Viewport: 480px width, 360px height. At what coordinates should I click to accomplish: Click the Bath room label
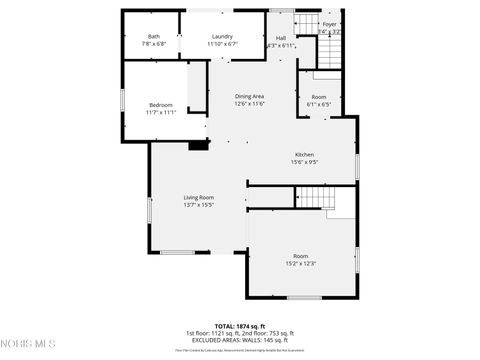pyautogui.click(x=153, y=36)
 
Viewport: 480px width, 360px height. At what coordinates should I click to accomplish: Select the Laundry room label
pyautogui.click(x=222, y=36)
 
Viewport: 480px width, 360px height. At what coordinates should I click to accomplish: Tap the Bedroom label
pyautogui.click(x=161, y=105)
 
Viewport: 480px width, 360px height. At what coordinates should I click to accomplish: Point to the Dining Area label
pyautogui.click(x=249, y=96)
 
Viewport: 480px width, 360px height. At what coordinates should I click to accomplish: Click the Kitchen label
pyautogui.click(x=304, y=154)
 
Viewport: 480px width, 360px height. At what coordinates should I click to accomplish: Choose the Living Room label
pyautogui.click(x=198, y=197)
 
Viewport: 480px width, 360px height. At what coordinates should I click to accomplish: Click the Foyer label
pyautogui.click(x=329, y=23)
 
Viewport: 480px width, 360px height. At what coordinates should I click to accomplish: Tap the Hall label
pyautogui.click(x=281, y=38)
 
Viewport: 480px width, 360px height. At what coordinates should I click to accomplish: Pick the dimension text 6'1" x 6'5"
pyautogui.click(x=318, y=103)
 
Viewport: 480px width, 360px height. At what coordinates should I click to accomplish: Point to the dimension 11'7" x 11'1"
pyautogui.click(x=161, y=112)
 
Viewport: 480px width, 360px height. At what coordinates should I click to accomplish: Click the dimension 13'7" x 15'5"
pyautogui.click(x=198, y=205)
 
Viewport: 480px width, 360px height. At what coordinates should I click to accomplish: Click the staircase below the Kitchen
pyautogui.click(x=314, y=200)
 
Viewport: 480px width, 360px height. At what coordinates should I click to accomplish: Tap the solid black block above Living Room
pyautogui.click(x=199, y=145)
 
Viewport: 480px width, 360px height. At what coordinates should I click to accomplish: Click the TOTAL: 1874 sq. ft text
pyautogui.click(x=239, y=326)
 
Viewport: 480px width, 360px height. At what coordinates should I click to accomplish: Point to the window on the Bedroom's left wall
pyautogui.click(x=122, y=100)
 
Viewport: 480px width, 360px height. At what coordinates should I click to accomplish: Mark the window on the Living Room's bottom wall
pyautogui.click(x=178, y=252)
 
